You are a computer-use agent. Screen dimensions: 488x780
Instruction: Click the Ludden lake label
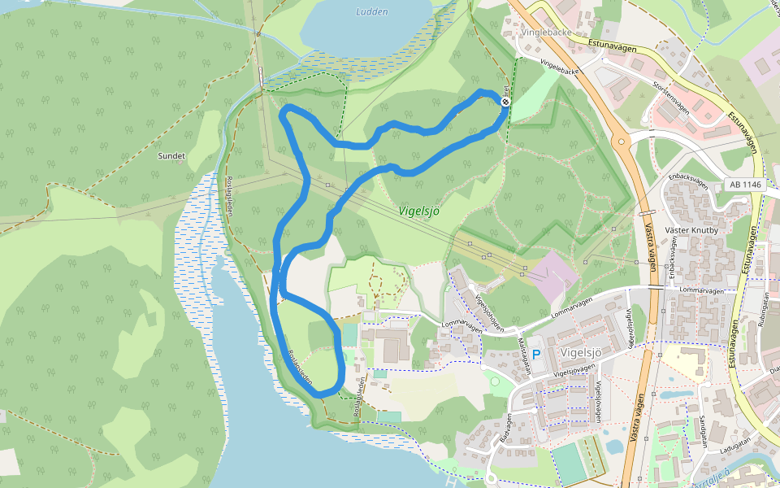(372, 12)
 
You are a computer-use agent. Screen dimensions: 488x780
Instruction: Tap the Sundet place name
(172, 155)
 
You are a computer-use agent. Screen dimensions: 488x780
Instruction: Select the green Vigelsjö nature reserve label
(419, 211)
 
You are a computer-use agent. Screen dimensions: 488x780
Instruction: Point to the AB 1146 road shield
(746, 185)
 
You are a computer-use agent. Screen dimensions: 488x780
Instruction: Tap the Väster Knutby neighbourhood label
(692, 230)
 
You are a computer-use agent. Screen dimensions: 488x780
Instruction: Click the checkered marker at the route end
(505, 102)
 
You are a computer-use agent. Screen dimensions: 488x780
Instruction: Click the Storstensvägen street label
(671, 95)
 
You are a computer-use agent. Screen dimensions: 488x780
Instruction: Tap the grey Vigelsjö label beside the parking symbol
(581, 352)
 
